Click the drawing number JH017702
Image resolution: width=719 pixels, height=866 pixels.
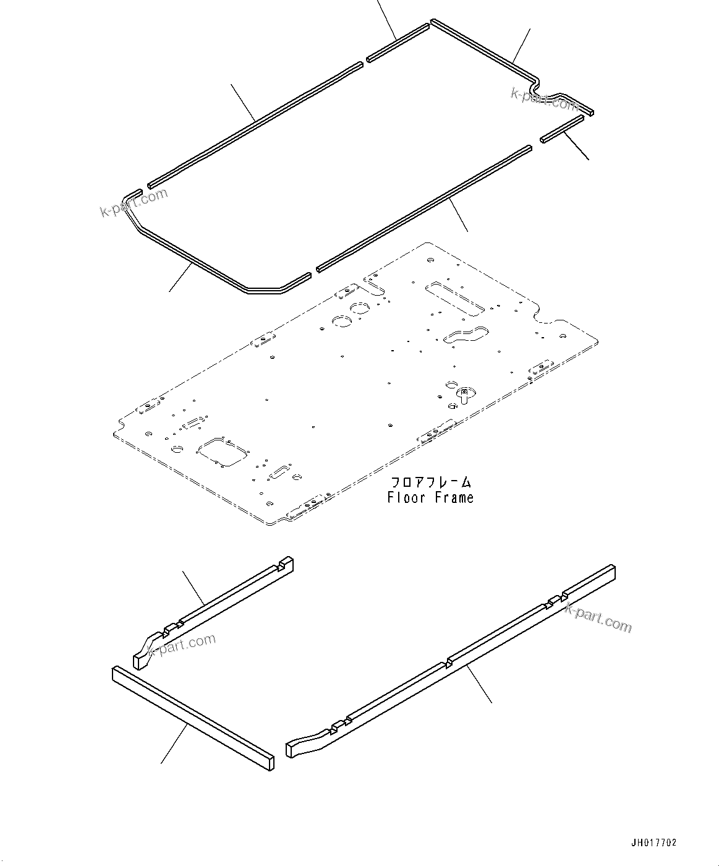coord(653,842)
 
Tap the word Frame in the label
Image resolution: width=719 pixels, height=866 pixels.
coord(453,497)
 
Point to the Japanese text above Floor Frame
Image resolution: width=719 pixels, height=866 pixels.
coord(430,482)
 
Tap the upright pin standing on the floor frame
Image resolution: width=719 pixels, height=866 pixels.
coord(463,397)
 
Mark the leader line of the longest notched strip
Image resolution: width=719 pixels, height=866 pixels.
coord(480,684)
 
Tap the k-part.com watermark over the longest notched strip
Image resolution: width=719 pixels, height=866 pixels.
coord(598,618)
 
